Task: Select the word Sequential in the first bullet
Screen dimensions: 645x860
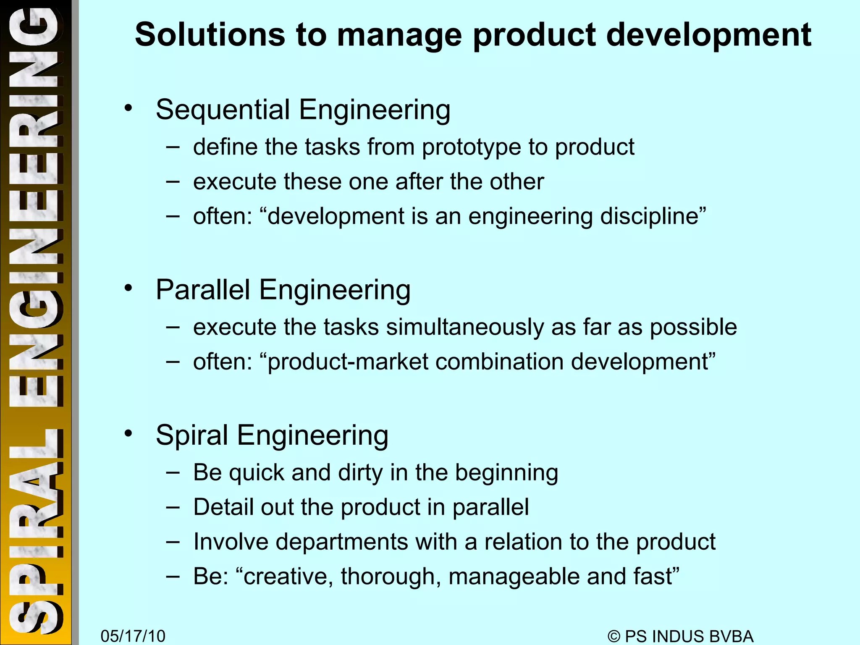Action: click(x=223, y=110)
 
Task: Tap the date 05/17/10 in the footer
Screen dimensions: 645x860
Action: click(x=133, y=636)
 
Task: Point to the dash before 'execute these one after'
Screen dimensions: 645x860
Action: click(x=173, y=182)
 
